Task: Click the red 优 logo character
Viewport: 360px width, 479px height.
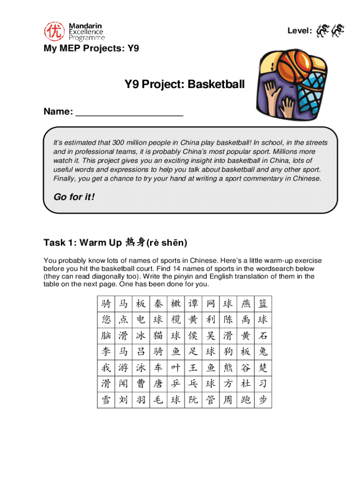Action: [52, 31]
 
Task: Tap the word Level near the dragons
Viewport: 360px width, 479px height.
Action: [299, 31]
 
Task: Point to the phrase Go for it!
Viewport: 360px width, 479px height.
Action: [74, 197]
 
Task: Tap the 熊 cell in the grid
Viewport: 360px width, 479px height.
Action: [228, 368]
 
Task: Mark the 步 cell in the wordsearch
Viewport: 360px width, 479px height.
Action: [263, 400]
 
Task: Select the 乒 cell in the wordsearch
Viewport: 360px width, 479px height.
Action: [175, 384]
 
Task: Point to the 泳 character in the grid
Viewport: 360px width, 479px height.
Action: [141, 368]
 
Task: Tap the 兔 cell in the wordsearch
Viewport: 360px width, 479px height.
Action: [263, 351]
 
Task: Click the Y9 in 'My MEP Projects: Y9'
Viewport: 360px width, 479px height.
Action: [133, 48]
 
